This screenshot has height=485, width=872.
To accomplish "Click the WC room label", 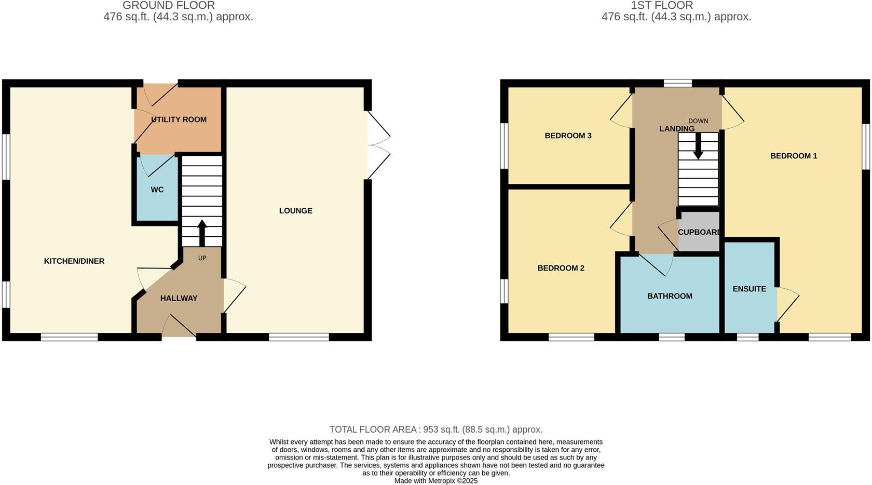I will (157, 190).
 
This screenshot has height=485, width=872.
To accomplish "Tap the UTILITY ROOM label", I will (179, 120).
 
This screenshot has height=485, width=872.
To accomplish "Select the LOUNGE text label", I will (295, 211).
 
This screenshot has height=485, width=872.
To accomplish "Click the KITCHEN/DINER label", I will (74, 261).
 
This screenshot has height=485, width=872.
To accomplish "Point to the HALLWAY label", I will (179, 299).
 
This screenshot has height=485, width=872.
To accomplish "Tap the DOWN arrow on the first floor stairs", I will (698, 146).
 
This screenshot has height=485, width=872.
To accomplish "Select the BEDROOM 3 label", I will (568, 136).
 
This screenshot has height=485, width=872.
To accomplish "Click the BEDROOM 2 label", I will (561, 268).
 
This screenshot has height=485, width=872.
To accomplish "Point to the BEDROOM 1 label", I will (794, 156).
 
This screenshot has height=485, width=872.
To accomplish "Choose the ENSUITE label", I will (749, 289).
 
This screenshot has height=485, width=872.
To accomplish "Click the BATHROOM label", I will (670, 297).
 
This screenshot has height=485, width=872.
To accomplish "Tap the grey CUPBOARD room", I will (699, 232).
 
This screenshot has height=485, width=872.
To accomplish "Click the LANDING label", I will (676, 129).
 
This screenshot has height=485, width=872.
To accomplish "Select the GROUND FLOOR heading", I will (168, 6).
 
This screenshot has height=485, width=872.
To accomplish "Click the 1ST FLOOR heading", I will (662, 6).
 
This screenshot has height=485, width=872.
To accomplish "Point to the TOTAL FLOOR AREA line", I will (436, 430).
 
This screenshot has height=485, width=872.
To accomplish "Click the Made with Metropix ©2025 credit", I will (436, 481).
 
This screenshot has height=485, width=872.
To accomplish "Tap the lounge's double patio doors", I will (378, 146).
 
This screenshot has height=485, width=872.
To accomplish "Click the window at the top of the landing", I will (678, 83).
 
